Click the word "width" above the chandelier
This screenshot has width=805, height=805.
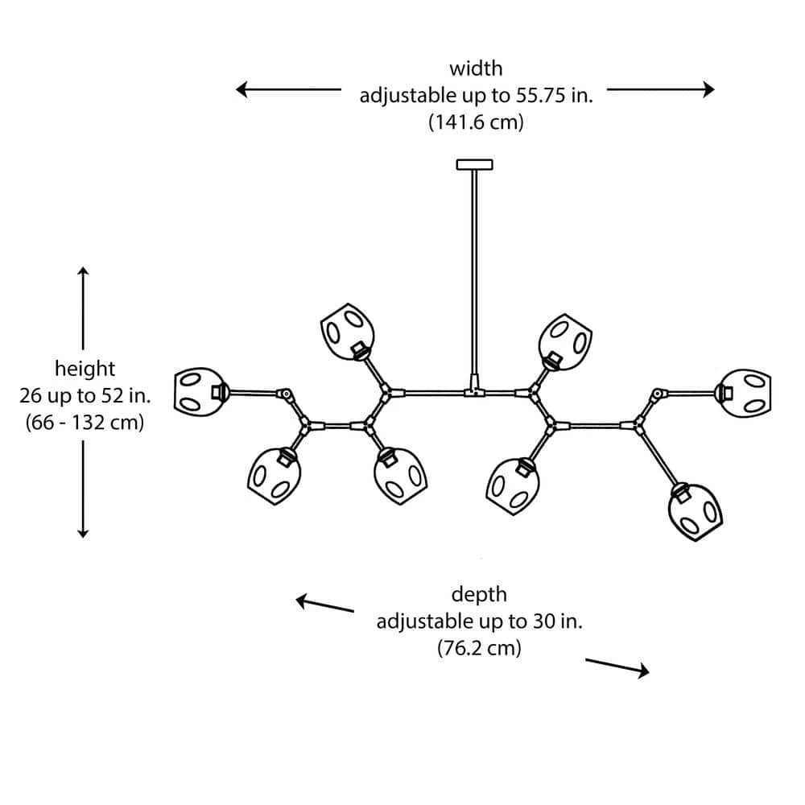475,68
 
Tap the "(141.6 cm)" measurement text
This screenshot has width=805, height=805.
475,123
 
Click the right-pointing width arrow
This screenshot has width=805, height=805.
661,89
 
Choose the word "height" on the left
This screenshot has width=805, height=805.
85,369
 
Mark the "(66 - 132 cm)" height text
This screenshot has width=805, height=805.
85,421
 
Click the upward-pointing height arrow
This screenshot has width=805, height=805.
83,306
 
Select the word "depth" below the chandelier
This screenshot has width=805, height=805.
479,594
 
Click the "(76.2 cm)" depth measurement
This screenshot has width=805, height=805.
479,647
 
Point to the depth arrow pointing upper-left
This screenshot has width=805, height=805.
324,604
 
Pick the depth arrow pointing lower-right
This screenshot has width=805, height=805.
617,667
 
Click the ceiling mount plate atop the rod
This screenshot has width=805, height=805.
474,165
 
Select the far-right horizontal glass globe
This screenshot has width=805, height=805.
747,393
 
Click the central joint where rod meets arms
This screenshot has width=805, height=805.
474,392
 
